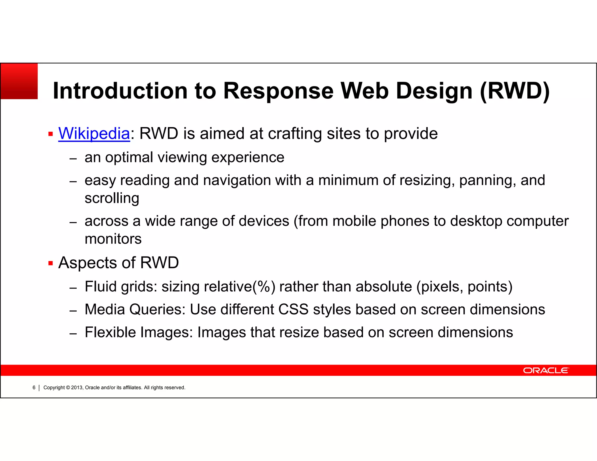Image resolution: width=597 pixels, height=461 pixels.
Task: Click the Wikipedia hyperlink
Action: coord(94,133)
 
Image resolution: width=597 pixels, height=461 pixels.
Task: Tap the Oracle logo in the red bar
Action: coord(546,370)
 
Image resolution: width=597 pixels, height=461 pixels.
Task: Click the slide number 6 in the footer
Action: coord(34,388)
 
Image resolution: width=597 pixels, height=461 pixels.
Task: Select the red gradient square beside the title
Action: coord(19,81)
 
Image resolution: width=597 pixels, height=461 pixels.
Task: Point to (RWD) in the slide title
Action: coord(515,91)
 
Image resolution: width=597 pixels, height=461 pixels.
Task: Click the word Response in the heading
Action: coord(278,91)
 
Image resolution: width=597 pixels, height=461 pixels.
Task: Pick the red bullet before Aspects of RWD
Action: coord(51,263)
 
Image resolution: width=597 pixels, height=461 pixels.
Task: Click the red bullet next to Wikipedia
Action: coord(51,134)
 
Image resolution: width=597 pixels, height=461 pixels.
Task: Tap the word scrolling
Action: coord(112,198)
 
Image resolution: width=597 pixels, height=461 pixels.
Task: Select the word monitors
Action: coord(113,239)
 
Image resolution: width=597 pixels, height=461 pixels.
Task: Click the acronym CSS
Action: coord(293,309)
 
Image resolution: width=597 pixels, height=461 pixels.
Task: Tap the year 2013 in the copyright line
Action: coord(77,388)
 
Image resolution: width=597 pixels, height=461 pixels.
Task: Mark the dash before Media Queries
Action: coord(73,311)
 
